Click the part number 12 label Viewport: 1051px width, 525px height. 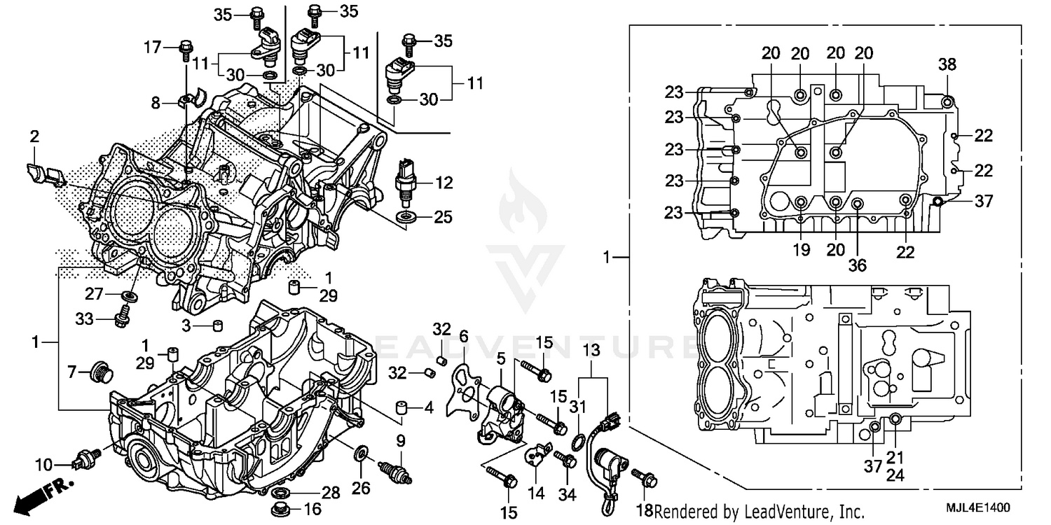(444, 183)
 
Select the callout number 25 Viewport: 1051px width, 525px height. (443, 218)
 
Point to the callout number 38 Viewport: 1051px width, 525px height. (947, 65)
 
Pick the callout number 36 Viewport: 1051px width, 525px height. (858, 265)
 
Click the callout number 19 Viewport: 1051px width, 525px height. (801, 250)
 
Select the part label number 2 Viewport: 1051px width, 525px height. (34, 136)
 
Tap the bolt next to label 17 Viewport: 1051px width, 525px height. (186, 48)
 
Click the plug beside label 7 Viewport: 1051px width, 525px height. (102, 372)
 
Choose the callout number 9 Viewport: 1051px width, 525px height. (401, 441)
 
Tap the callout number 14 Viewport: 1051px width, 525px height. (536, 493)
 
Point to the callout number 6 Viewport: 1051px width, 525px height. (463, 335)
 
